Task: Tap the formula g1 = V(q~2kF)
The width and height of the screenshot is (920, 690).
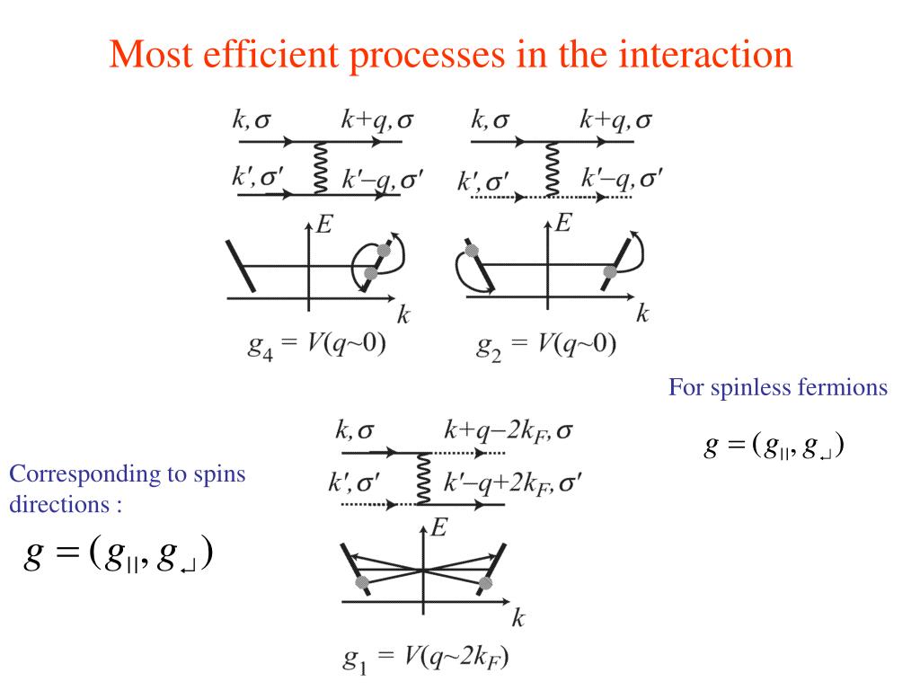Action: pos(426,660)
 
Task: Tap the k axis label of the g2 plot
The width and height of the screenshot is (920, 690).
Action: pos(642,314)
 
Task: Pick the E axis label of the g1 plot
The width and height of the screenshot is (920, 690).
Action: pos(438,528)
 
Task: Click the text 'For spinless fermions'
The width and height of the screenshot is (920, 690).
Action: pos(777,388)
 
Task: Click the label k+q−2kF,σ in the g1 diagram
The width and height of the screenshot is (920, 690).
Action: pos(509,430)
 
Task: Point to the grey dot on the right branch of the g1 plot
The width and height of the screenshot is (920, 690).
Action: pos(486,584)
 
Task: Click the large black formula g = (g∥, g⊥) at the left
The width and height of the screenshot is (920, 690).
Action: pos(118,555)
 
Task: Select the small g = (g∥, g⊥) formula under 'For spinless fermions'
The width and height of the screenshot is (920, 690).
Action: pos(775,446)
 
